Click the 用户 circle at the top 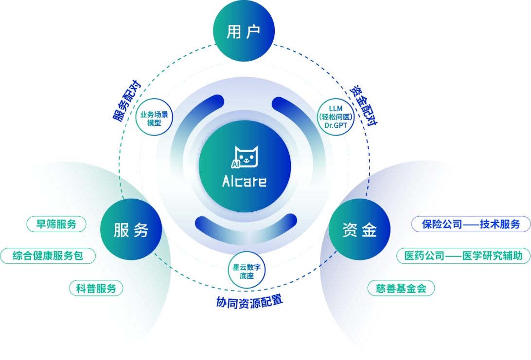244,32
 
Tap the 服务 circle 131,229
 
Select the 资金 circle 359,229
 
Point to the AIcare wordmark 244,182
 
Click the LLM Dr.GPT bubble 336,117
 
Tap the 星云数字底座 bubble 247,271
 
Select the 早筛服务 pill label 56,224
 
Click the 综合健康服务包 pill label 48,256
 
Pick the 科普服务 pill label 96,288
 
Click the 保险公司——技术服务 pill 471,224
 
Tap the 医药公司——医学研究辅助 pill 463,256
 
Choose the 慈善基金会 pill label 401,288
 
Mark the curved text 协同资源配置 249,302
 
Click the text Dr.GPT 336,125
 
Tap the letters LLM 336,108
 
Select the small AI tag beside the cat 236,164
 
